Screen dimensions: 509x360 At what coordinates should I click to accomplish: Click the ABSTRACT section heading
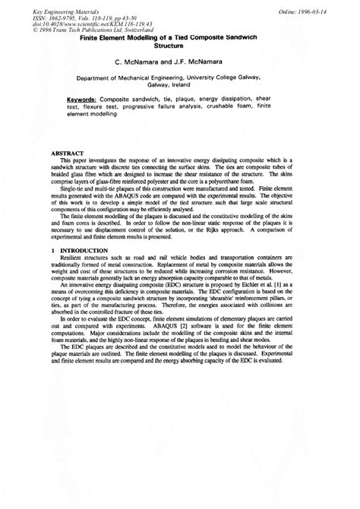[64, 154]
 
